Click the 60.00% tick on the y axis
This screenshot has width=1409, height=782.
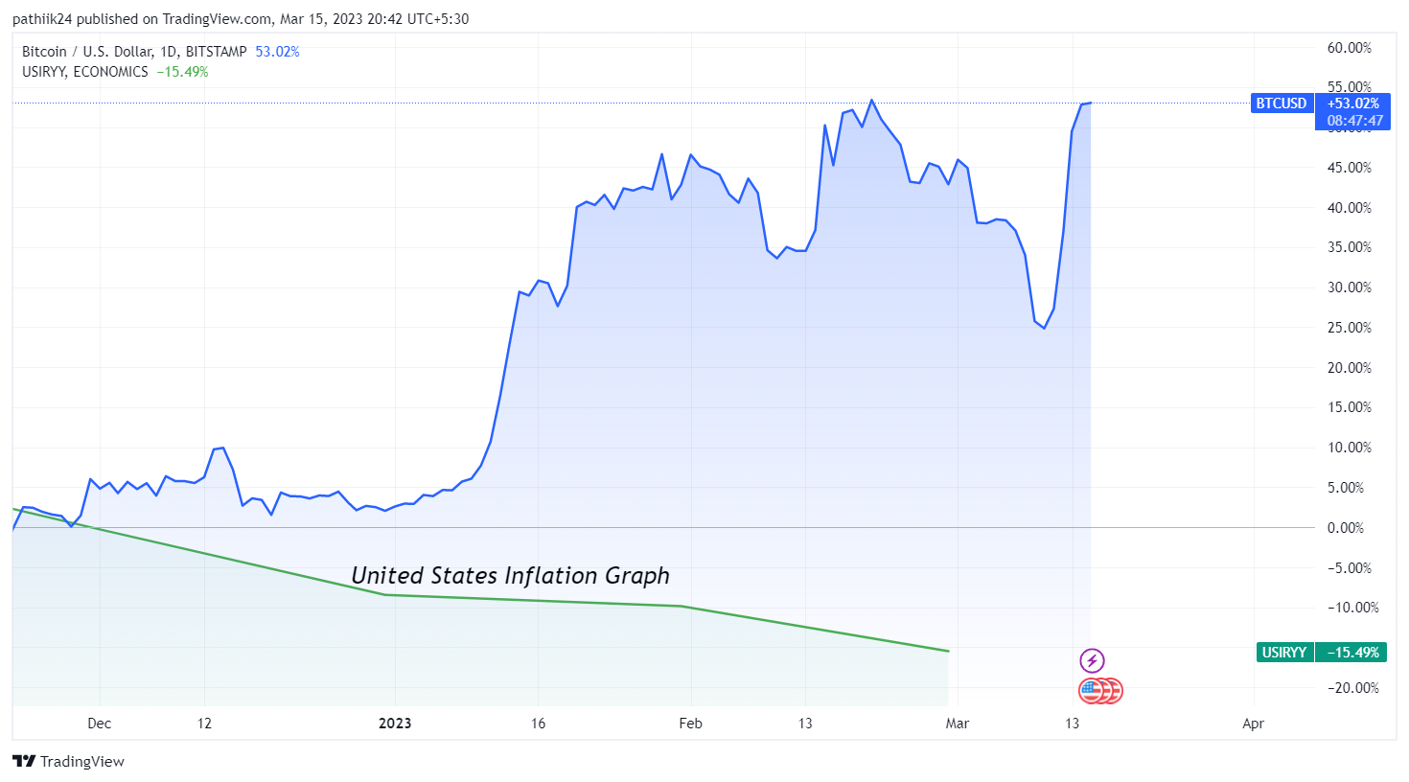point(1349,48)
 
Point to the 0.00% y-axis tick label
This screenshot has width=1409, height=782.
point(1345,528)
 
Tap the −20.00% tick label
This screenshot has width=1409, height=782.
point(1352,688)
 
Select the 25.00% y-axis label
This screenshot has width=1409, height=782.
point(1349,328)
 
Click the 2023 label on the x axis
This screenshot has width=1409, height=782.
point(395,724)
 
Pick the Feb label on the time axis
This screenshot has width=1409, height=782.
point(690,724)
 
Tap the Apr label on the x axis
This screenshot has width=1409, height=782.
point(1253,724)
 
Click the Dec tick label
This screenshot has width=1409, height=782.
point(100,724)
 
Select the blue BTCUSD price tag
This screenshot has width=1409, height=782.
point(1282,103)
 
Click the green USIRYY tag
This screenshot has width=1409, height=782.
point(1284,653)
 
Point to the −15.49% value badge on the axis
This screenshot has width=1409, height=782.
point(1352,653)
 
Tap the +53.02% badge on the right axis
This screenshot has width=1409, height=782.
point(1353,103)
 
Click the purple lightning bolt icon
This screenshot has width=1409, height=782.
point(1092,660)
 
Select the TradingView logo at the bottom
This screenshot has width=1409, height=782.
point(69,762)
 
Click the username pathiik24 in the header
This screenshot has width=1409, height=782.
point(42,19)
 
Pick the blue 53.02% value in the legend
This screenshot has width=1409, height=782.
point(277,52)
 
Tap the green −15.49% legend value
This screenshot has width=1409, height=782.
point(182,72)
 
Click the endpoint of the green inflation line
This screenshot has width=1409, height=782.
point(948,652)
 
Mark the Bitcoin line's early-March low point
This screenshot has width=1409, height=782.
point(1044,328)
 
